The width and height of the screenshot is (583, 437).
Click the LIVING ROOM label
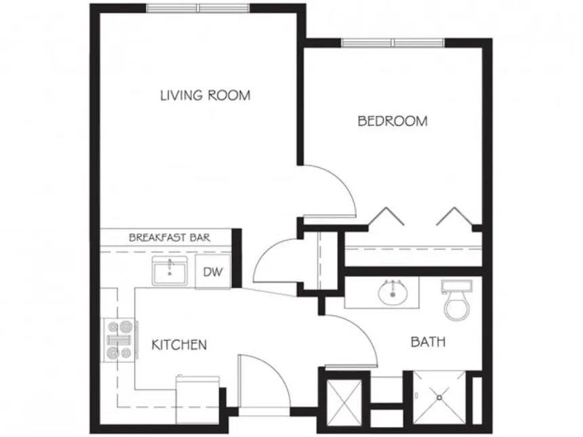pyautogui.click(x=205, y=95)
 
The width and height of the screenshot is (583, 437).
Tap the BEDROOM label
pyautogui.click(x=393, y=121)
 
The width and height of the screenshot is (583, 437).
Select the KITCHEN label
pyautogui.click(x=178, y=345)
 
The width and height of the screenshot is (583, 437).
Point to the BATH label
pyautogui.click(x=428, y=342)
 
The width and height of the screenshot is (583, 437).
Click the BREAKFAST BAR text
pyautogui.click(x=169, y=238)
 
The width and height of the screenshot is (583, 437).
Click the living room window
pyautogui.click(x=198, y=8)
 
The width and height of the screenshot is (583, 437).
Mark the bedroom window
pyautogui.click(x=393, y=43)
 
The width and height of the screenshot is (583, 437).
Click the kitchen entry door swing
pyautogui.click(x=258, y=383)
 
